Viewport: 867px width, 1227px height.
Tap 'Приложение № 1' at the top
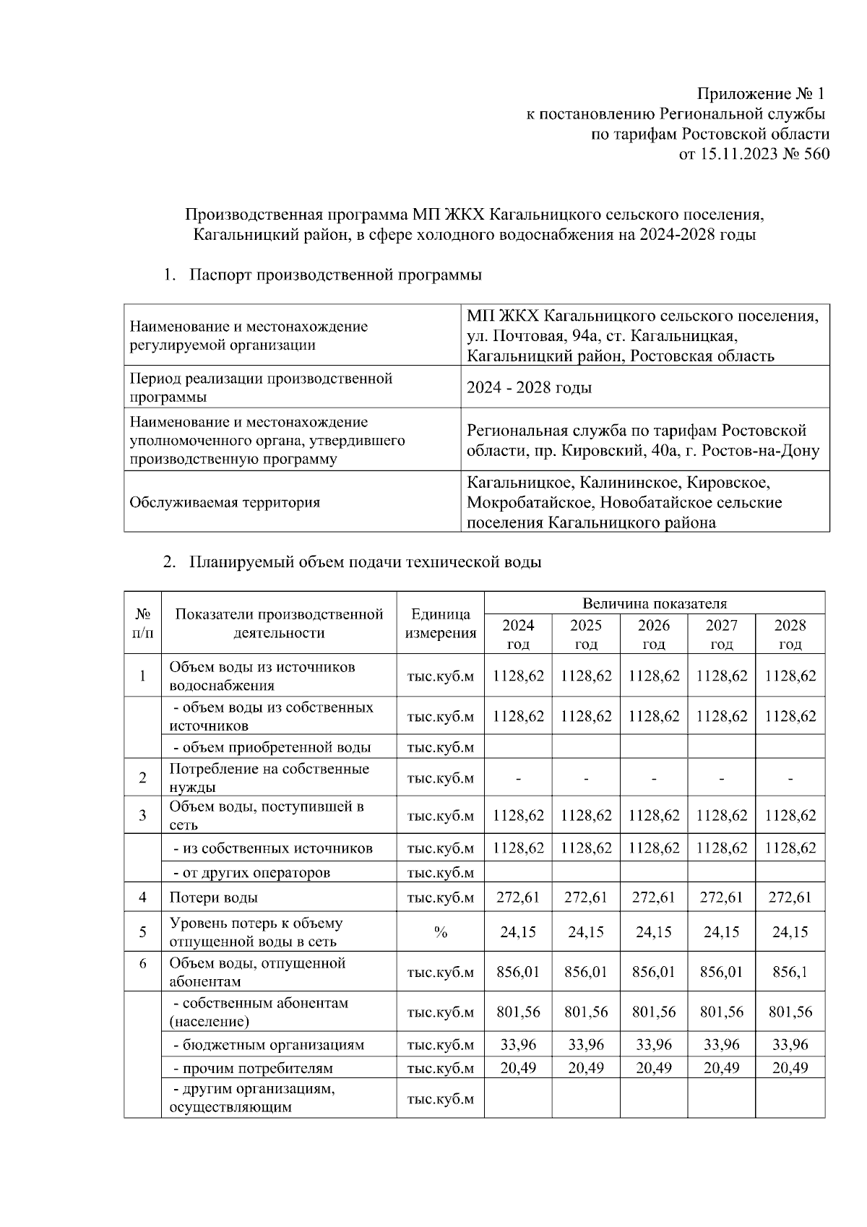click(x=760, y=94)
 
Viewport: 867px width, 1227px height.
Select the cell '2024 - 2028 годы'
click(x=529, y=388)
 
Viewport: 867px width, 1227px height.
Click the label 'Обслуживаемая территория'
click(x=224, y=502)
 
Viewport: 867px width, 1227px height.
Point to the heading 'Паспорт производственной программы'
click(x=335, y=275)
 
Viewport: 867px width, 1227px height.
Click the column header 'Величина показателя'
click(x=654, y=603)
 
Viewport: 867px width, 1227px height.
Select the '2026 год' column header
click(x=653, y=634)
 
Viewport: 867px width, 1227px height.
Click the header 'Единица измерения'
click(x=440, y=624)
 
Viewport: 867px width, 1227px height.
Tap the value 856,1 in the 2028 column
click(x=790, y=972)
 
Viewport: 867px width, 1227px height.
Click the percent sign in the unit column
click(x=440, y=932)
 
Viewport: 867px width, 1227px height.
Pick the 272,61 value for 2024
click(x=518, y=897)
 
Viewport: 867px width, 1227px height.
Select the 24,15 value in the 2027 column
click(x=721, y=932)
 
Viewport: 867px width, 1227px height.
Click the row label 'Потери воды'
click(x=213, y=897)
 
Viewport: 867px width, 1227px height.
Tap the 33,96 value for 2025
click(x=585, y=1045)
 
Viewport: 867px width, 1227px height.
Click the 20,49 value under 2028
click(x=790, y=1068)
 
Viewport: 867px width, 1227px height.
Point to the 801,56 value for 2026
click(x=653, y=1012)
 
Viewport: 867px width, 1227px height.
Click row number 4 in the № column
click(x=142, y=897)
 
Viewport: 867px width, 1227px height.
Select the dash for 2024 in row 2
click(x=518, y=779)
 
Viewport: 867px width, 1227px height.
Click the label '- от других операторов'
click(x=251, y=872)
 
